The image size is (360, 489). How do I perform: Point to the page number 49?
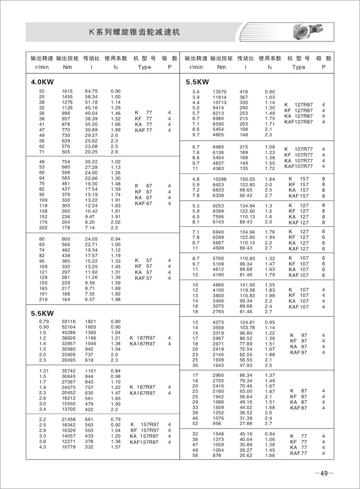(324, 473)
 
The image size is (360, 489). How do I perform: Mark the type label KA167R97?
(143, 393)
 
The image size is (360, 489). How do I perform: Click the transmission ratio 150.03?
(246, 179)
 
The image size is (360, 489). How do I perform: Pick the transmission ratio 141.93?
(246, 285)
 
